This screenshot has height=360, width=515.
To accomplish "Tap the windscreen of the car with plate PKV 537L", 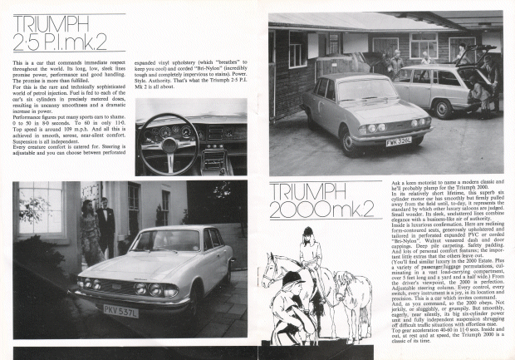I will [166, 241].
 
